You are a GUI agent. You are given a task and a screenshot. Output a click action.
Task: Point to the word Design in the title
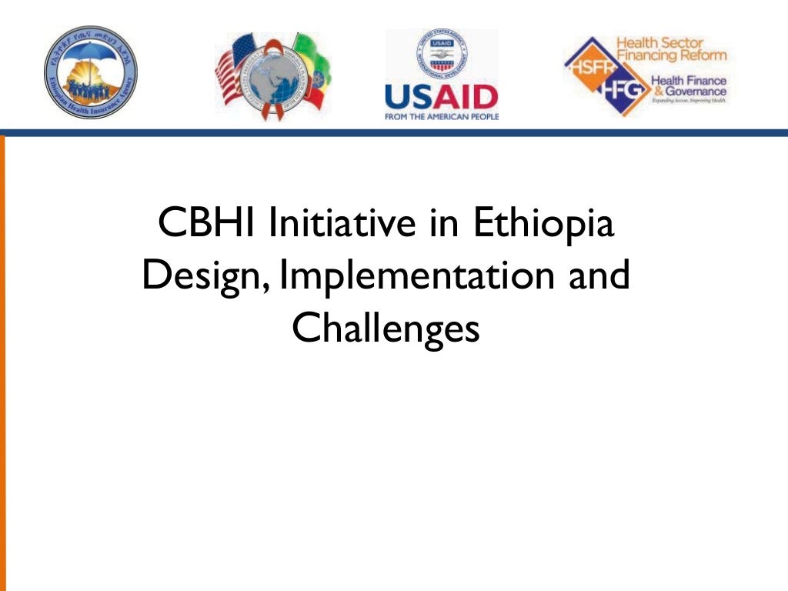coord(205,276)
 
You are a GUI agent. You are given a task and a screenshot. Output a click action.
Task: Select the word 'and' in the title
coord(599,276)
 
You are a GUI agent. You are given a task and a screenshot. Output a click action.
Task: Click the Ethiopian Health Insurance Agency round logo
coord(91,72)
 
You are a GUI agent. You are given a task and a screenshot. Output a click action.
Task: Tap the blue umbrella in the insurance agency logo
coord(91,58)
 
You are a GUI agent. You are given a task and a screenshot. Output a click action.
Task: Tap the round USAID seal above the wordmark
coord(441,55)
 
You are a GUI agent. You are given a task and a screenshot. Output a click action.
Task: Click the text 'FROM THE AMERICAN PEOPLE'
coord(441,117)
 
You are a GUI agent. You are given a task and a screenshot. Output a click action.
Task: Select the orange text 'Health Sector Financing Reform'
coord(670,49)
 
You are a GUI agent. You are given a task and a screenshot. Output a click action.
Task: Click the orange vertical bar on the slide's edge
coord(2,362)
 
